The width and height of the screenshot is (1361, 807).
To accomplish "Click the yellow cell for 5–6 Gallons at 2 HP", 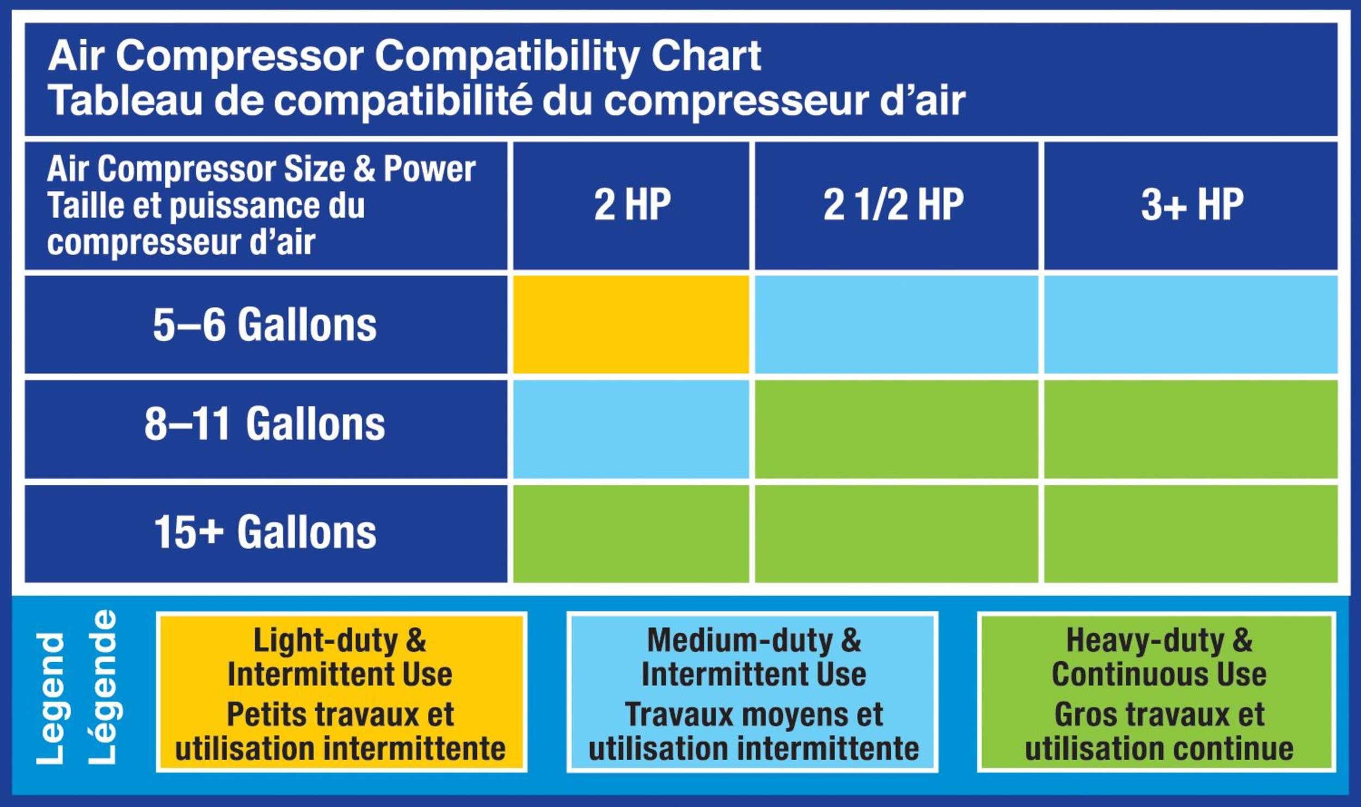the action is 631,324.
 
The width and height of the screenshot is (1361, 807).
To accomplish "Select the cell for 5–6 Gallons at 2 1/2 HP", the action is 896,324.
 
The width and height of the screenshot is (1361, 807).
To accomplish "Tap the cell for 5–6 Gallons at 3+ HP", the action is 1191,324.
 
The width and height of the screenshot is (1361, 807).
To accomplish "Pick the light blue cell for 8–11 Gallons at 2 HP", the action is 631,429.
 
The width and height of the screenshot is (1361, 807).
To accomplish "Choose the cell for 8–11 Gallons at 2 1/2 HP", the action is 896,429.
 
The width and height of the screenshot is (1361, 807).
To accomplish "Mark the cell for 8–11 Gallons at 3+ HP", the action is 1191,429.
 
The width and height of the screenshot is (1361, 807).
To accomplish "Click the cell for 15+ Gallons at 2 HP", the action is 631,534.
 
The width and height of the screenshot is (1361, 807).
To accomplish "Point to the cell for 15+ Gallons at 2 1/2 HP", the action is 896,534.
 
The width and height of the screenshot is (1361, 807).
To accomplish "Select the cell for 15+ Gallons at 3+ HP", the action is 1191,534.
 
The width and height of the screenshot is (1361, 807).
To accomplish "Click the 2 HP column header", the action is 631,206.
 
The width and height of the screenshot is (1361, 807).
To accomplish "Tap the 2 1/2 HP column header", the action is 896,206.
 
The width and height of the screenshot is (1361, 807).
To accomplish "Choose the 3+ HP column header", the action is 1191,206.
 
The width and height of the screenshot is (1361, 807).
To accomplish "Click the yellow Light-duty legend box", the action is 341,692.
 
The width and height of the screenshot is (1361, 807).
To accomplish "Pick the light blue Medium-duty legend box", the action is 752,692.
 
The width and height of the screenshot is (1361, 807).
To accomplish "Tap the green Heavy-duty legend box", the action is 1157,692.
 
